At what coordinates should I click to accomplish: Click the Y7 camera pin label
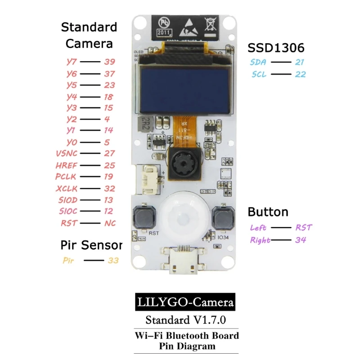click(72, 62)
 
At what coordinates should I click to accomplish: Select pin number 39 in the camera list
click(110, 62)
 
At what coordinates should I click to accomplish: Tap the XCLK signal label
click(66, 189)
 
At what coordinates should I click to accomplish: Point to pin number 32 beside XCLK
click(110, 189)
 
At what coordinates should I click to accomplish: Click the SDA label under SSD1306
click(258, 62)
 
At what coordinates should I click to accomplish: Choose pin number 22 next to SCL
click(300, 74)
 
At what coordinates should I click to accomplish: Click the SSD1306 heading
click(276, 48)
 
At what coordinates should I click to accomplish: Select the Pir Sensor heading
click(91, 245)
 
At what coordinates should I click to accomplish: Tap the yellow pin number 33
click(113, 260)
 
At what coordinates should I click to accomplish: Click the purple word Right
click(260, 240)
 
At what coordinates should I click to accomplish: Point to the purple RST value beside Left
click(304, 228)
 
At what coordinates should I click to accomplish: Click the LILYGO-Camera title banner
click(185, 301)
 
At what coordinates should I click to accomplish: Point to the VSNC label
click(66, 153)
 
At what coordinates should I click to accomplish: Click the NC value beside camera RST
click(110, 223)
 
